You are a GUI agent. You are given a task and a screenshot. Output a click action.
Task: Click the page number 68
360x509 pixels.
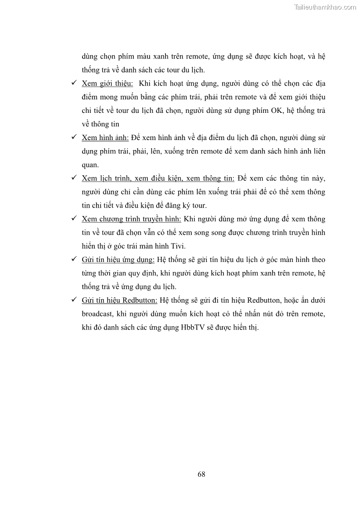(201, 475)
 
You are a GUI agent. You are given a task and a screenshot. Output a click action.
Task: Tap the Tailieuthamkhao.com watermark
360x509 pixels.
(325, 7)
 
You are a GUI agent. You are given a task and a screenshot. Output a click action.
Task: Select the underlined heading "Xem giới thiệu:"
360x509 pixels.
(107, 83)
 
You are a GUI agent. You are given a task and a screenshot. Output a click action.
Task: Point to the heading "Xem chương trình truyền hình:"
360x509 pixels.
(131, 219)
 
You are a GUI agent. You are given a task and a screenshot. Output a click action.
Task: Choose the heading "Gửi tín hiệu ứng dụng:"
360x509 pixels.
(118, 260)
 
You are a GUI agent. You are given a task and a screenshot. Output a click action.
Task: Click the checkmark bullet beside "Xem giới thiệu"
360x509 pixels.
(74, 83)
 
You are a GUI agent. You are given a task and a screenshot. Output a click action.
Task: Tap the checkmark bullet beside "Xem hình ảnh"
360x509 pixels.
(74, 138)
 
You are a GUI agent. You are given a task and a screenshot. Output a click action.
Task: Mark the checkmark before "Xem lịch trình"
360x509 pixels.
(74, 179)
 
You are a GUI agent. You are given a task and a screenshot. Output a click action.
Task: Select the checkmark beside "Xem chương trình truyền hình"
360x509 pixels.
(74, 219)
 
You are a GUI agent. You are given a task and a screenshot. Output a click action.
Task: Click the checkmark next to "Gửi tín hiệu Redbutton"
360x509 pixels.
(74, 301)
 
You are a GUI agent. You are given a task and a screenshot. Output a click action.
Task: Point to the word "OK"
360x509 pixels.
(276, 111)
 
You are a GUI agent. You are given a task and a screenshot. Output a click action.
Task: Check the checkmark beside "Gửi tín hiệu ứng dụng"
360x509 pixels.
(74, 260)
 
